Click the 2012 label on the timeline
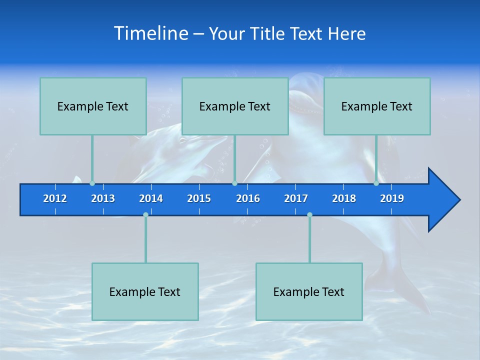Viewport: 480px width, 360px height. [x=55, y=198]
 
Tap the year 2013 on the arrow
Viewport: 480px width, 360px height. [x=103, y=198]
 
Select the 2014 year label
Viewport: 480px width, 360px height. [x=151, y=198]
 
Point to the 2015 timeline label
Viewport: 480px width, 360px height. [x=199, y=198]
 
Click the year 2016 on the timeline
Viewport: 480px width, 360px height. [x=248, y=198]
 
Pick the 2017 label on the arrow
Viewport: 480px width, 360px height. [x=296, y=198]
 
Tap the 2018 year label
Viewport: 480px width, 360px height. [x=344, y=198]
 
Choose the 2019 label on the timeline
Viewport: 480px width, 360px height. [x=392, y=198]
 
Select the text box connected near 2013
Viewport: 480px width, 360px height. [x=93, y=106]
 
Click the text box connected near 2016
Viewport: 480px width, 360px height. [x=235, y=106]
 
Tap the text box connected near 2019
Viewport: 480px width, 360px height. [x=377, y=106]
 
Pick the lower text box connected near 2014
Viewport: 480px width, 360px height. [x=145, y=291]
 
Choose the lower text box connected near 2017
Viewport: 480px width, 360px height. [x=309, y=291]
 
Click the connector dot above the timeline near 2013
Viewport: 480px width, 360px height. [x=92, y=183]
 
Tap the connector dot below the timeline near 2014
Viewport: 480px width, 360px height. [x=145, y=214]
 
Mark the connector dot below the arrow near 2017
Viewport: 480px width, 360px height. [x=309, y=214]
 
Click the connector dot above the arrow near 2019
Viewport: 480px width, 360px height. [x=376, y=183]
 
